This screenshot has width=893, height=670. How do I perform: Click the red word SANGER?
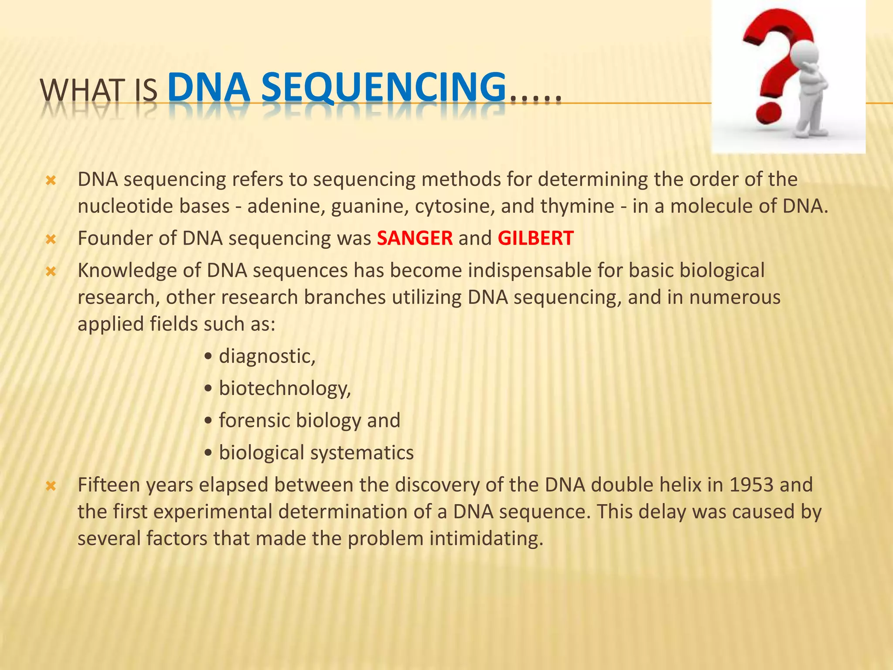(415, 238)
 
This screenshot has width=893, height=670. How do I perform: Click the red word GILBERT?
(535, 238)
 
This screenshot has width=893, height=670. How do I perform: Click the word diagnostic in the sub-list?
(266, 356)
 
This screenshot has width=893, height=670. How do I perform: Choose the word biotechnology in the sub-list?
(284, 388)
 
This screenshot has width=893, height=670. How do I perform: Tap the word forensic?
(254, 420)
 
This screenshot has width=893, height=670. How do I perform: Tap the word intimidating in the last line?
(486, 538)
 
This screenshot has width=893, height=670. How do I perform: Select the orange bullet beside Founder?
(51, 239)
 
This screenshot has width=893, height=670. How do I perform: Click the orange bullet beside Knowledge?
(51, 271)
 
